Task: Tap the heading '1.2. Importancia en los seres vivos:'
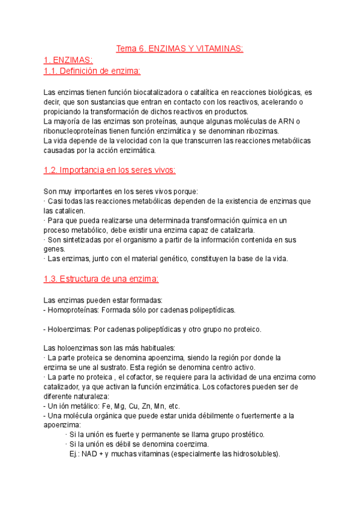click(x=110, y=170)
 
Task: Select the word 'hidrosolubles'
click(x=251, y=454)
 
